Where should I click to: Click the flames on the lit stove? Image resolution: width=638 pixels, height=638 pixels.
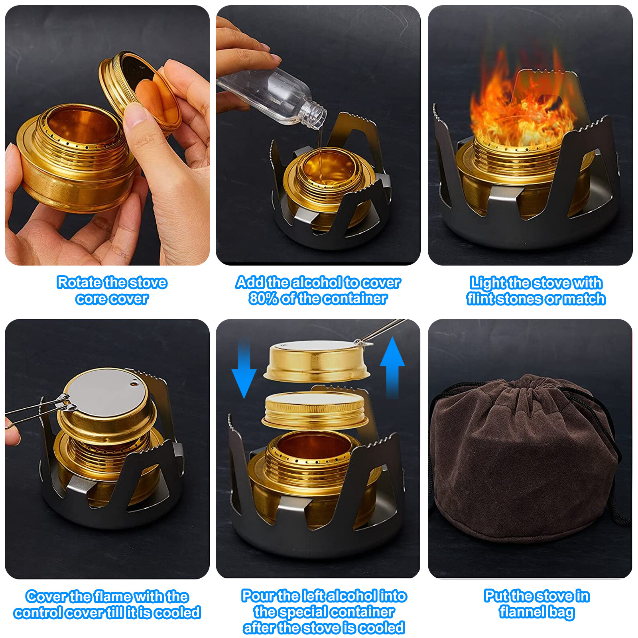click(522, 108)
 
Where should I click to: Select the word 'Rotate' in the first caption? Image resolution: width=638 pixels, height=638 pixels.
click(79, 282)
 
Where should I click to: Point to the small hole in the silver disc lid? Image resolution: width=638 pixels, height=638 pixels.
click(134, 384)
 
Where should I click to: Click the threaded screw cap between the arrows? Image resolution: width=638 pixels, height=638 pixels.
click(315, 411)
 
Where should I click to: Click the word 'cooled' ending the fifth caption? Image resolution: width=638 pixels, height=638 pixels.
click(381, 628)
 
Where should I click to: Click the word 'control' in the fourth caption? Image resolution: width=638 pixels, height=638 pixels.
click(38, 612)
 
